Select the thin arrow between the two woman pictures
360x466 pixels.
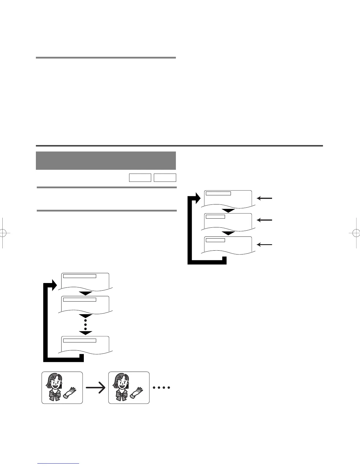[x=96, y=388]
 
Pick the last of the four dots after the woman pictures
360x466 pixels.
[x=169, y=387]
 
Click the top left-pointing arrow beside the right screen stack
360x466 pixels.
[x=264, y=199]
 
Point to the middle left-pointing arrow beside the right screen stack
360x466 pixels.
[x=264, y=220]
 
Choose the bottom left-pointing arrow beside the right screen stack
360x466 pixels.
[x=264, y=244]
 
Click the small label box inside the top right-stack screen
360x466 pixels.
[x=218, y=193]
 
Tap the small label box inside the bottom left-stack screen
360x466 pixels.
[x=80, y=340]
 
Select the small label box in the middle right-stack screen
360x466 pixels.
[x=215, y=217]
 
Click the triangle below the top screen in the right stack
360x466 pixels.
[x=228, y=211]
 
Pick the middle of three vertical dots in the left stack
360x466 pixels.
[x=86, y=324]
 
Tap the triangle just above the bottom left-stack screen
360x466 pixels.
[x=86, y=333]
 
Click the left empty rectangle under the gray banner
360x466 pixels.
[x=140, y=178]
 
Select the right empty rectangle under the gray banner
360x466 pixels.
[x=165, y=178]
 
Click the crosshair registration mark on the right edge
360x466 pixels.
[x=355, y=233]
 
